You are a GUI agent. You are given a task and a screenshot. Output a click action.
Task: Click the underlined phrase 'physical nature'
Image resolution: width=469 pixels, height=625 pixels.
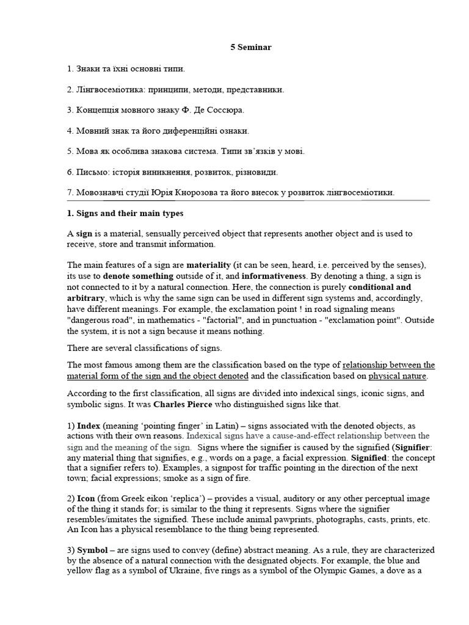pos(397,376)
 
